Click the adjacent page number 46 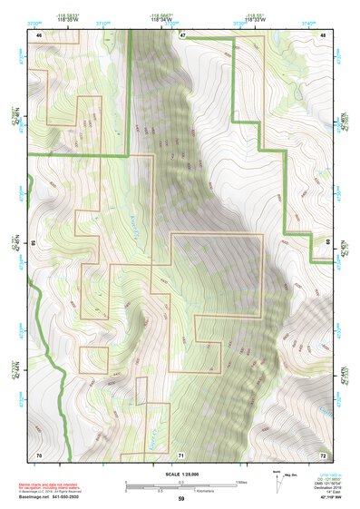click(x=39, y=34)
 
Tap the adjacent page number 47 click(x=181, y=34)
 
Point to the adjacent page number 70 click(x=39, y=453)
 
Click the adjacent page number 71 click(x=181, y=454)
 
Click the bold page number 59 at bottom click(x=181, y=499)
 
